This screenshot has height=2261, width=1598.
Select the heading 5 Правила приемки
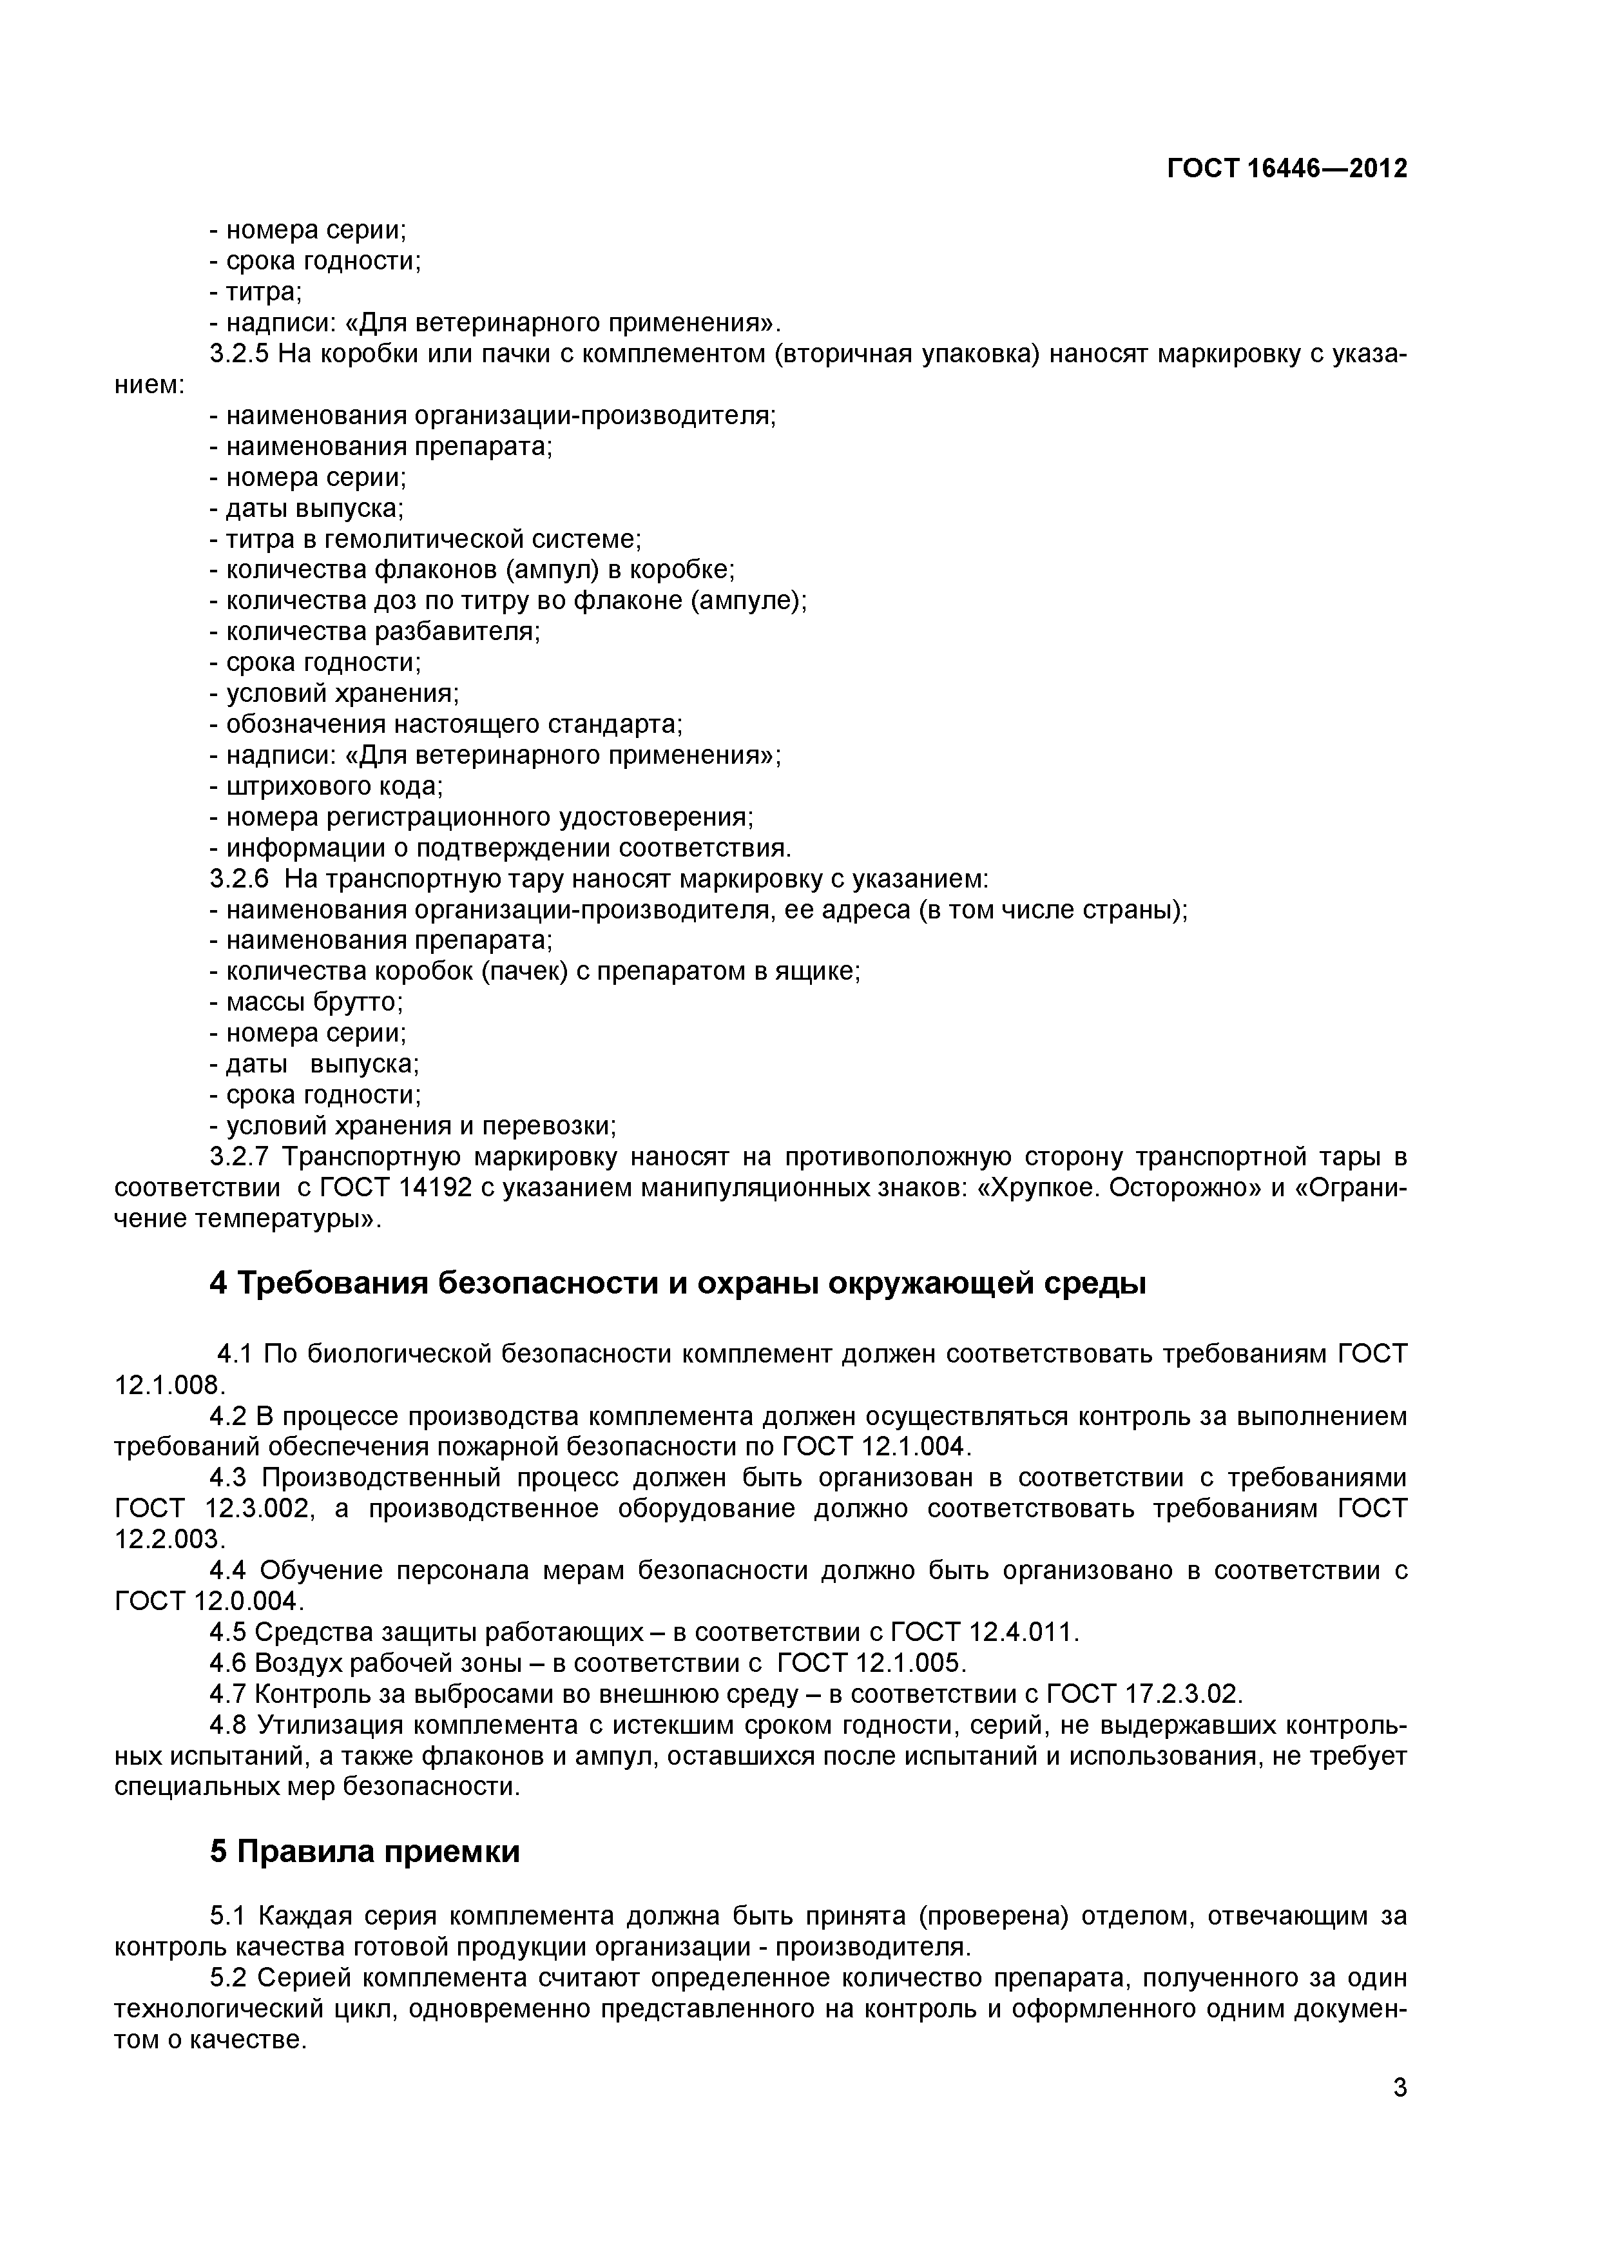click(364, 1851)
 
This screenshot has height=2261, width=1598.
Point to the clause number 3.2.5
click(239, 354)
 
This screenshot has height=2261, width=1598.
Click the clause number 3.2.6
click(239, 878)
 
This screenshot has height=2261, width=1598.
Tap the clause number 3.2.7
click(239, 1156)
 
